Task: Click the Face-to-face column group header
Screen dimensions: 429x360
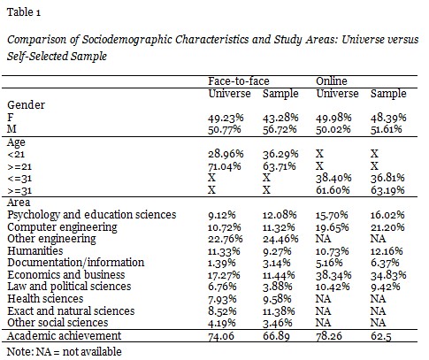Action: (x=239, y=81)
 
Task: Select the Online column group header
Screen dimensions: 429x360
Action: (x=332, y=81)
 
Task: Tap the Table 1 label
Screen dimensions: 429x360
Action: (x=24, y=12)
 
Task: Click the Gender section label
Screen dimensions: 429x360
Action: (x=26, y=105)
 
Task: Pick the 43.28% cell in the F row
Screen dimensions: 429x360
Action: (x=280, y=118)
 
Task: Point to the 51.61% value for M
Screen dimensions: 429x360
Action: (x=386, y=129)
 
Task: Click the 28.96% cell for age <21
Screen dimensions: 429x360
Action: (x=226, y=154)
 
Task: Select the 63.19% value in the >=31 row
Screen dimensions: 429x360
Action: (x=387, y=190)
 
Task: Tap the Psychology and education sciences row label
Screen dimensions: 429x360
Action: (x=92, y=215)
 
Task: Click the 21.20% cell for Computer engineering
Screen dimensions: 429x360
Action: (x=387, y=227)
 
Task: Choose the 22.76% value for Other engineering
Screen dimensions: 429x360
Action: (x=226, y=239)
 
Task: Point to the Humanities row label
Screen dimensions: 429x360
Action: (x=35, y=251)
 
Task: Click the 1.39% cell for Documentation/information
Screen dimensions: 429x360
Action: (x=222, y=263)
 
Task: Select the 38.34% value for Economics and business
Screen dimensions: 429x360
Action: (x=333, y=275)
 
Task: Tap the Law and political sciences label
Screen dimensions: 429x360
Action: (x=69, y=287)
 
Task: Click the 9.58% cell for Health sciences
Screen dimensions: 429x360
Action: (x=277, y=299)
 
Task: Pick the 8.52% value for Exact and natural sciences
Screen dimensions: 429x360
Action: (x=222, y=311)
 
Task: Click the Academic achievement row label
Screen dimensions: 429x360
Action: (x=65, y=336)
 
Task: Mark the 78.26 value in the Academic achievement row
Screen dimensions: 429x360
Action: (x=329, y=336)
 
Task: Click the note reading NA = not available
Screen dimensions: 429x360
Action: (x=65, y=352)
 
